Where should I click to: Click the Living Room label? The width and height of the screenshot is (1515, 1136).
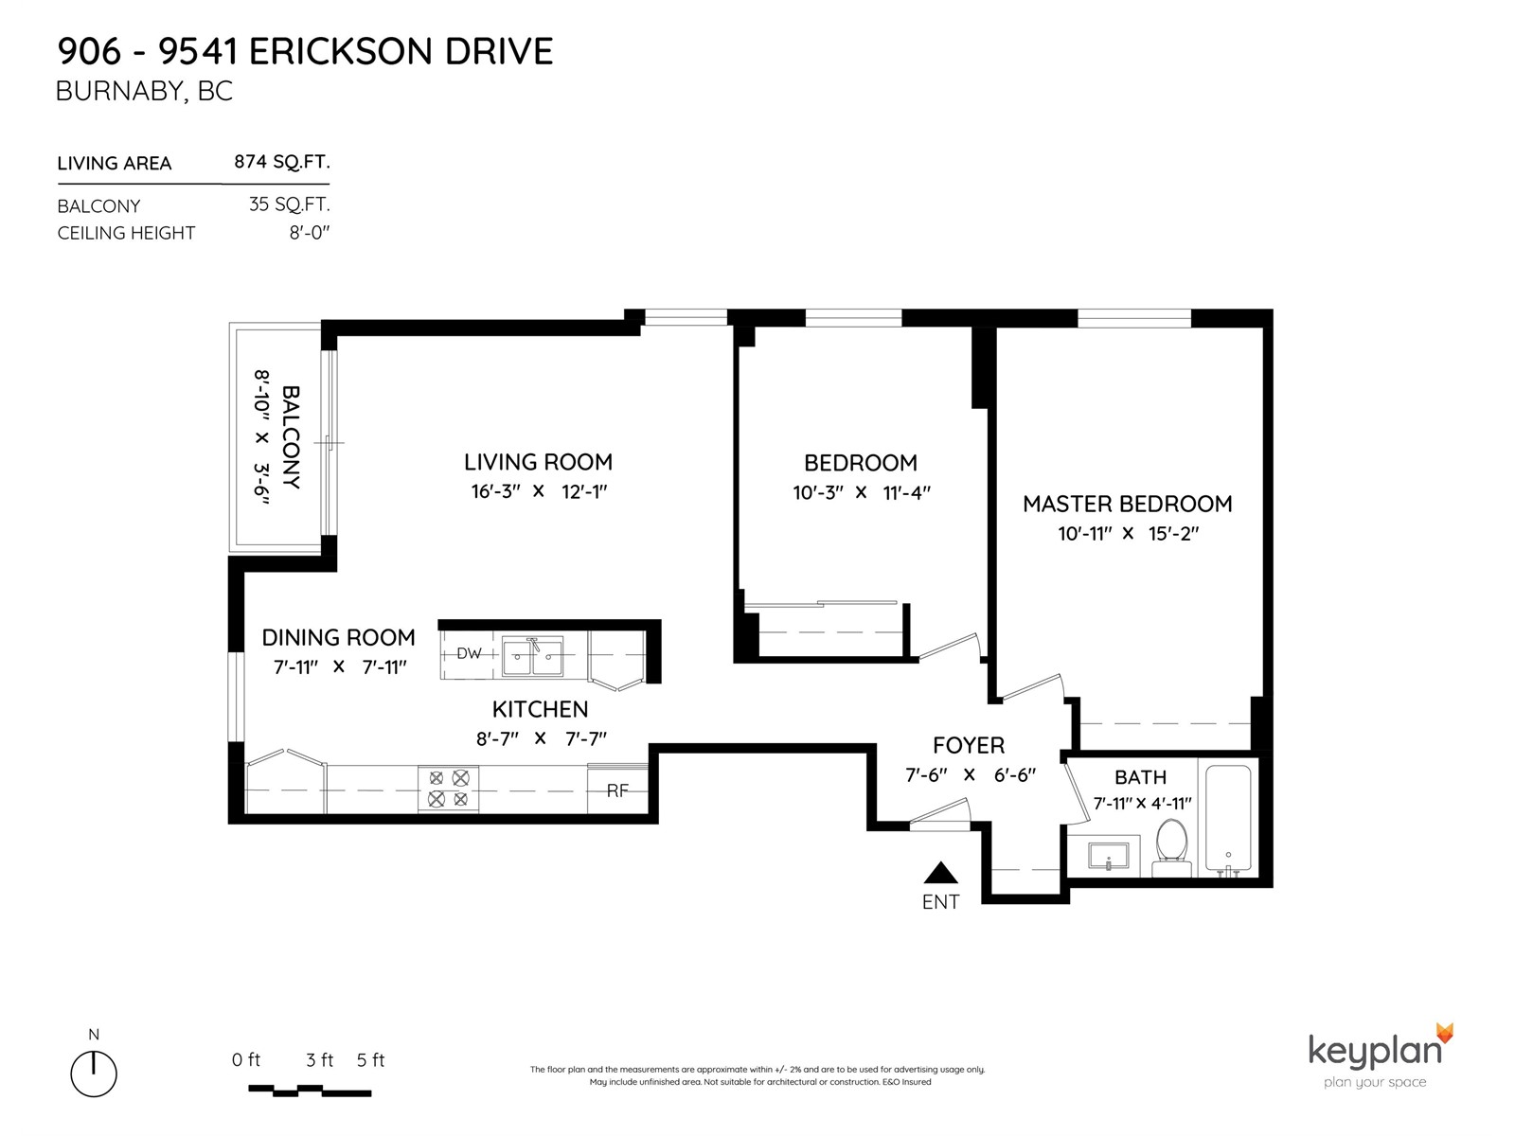(538, 461)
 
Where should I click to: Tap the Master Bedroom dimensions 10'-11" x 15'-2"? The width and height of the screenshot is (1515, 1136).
(1128, 533)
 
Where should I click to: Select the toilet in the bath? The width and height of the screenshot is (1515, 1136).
(1170, 847)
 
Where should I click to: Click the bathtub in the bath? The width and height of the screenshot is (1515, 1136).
(1228, 818)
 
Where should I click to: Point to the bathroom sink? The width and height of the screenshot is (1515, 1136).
(1109, 855)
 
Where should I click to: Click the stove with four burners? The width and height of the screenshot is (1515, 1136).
(448, 789)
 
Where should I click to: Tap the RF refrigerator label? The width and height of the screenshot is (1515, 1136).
(617, 790)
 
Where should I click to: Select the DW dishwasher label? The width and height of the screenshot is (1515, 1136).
(469, 652)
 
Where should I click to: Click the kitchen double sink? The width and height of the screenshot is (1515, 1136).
(532, 656)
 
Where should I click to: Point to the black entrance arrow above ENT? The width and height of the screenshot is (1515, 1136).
(941, 873)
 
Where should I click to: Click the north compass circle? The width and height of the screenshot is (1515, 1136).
(94, 1074)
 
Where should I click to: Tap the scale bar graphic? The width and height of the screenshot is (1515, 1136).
(310, 1091)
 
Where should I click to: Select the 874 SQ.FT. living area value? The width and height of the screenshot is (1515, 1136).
(281, 161)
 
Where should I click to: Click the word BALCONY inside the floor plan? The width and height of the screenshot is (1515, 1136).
(291, 437)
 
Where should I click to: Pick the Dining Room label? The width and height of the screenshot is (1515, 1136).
(338, 637)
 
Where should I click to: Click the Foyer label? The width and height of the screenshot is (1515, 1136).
(969, 745)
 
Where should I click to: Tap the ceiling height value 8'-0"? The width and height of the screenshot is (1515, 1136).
(310, 233)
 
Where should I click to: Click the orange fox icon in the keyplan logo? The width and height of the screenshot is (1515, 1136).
(1445, 1033)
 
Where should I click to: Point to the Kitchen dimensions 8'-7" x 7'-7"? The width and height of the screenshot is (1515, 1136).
(541, 738)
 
